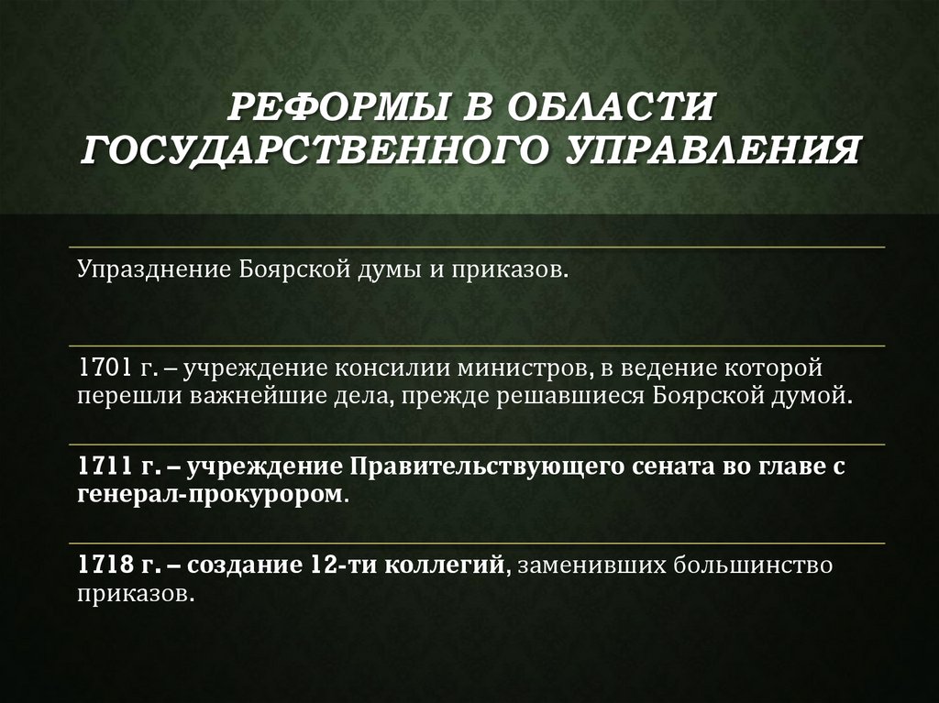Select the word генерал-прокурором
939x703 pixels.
(x=212, y=495)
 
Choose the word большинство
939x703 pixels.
(x=754, y=565)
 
